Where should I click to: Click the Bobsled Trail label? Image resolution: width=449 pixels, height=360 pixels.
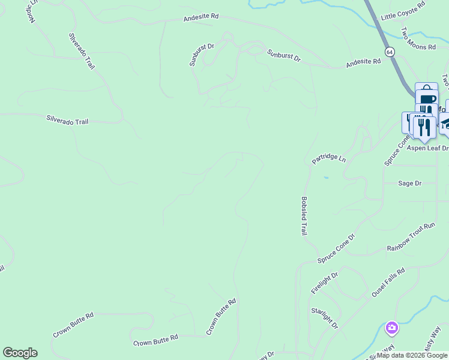pyautogui.click(x=304, y=216)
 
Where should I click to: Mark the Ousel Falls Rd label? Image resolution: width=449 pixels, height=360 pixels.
pyautogui.click(x=388, y=283)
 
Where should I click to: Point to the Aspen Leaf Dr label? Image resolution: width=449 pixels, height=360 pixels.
pyautogui.click(x=428, y=148)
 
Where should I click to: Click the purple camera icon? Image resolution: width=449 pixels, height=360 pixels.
pyautogui.click(x=392, y=328)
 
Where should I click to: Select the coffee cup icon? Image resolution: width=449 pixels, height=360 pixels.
pyautogui.click(x=427, y=99)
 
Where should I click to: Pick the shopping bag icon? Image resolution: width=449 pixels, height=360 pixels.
pyautogui.click(x=426, y=88)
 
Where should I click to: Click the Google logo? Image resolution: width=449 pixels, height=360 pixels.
pyautogui.click(x=20, y=353)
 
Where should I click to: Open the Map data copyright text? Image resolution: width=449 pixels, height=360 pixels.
pyautogui.click(x=412, y=356)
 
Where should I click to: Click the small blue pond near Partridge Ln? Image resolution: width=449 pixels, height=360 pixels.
pyautogui.click(x=325, y=178)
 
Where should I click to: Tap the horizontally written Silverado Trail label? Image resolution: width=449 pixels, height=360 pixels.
pyautogui.click(x=67, y=121)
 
